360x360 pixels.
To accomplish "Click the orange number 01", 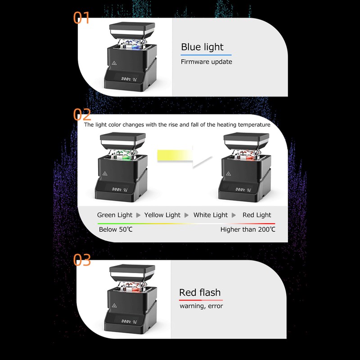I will click(x=81, y=18).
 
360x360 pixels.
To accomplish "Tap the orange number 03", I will click(x=82, y=260).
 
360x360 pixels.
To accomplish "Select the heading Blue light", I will click(x=202, y=47).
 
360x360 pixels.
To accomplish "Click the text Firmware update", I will click(x=207, y=62).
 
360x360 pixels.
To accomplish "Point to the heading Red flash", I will click(x=200, y=292).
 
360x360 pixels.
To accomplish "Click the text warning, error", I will click(x=201, y=306).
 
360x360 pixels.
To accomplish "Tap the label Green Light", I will click(x=115, y=215).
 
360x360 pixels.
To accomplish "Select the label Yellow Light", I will click(x=162, y=215).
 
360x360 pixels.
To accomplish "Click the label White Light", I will click(x=211, y=215).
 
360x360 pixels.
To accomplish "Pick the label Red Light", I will click(x=257, y=215).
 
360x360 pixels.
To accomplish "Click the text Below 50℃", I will click(x=115, y=229).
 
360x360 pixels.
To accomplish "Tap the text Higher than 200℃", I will click(x=247, y=229).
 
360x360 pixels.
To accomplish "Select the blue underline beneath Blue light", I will click(x=206, y=55).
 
